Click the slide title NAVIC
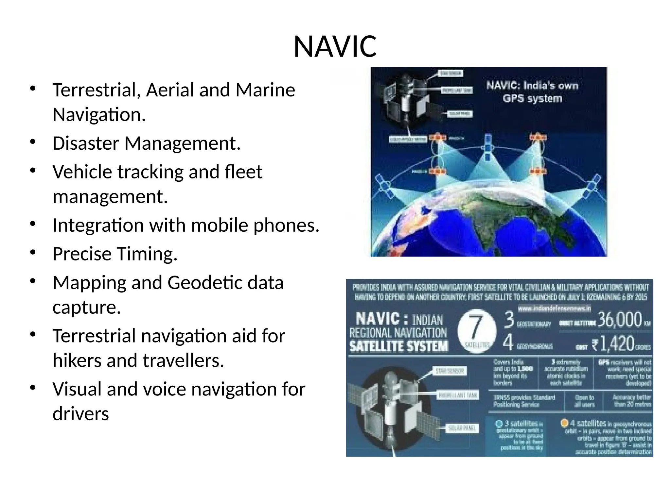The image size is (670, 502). pyautogui.click(x=335, y=46)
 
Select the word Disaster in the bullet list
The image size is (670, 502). pyautogui.click(x=85, y=143)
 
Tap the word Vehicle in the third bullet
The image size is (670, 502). pyautogui.click(x=82, y=172)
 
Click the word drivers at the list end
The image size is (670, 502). pyautogui.click(x=80, y=414)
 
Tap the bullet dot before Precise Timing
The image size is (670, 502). pyautogui.click(x=32, y=252)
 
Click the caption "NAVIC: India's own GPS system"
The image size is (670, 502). pyautogui.click(x=532, y=92)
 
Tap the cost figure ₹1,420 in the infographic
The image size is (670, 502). pyautogui.click(x=613, y=343)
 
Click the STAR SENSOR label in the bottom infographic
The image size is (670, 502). pyautogui.click(x=450, y=371)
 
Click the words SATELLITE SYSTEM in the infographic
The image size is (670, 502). pyautogui.click(x=399, y=346)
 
